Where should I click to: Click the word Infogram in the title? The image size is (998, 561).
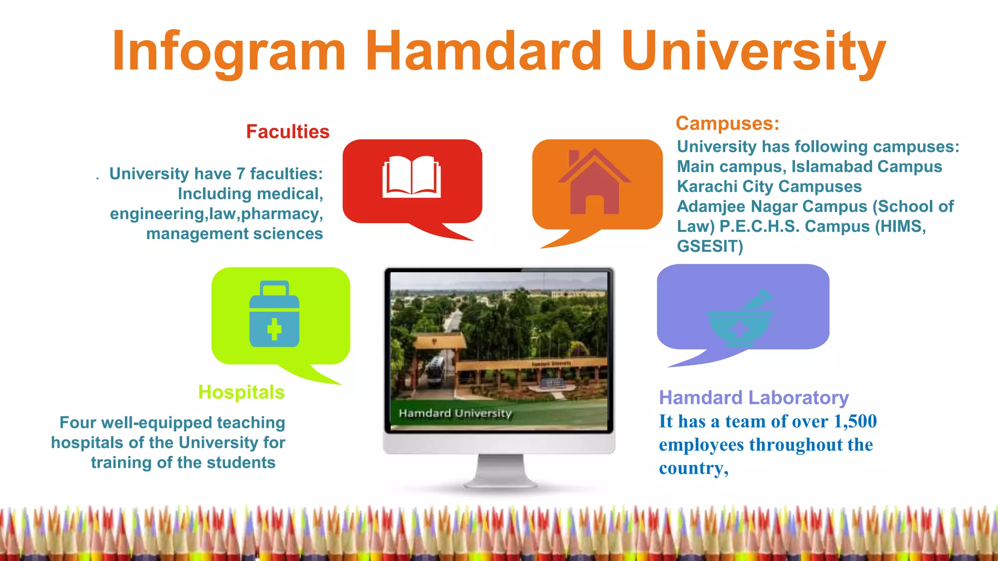point(229,52)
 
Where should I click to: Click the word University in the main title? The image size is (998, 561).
point(753,52)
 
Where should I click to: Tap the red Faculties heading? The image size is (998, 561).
point(288,132)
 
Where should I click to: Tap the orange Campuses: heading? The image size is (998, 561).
point(727,123)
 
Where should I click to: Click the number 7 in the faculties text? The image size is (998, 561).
point(240,174)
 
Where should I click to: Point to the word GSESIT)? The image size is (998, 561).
point(710,246)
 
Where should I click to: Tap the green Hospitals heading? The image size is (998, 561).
point(241,393)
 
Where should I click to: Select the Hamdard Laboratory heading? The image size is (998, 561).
point(753,398)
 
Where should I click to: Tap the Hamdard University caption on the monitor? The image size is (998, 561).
point(455,413)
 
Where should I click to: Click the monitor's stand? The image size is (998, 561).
point(500,470)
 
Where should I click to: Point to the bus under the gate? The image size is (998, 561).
point(435,371)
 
